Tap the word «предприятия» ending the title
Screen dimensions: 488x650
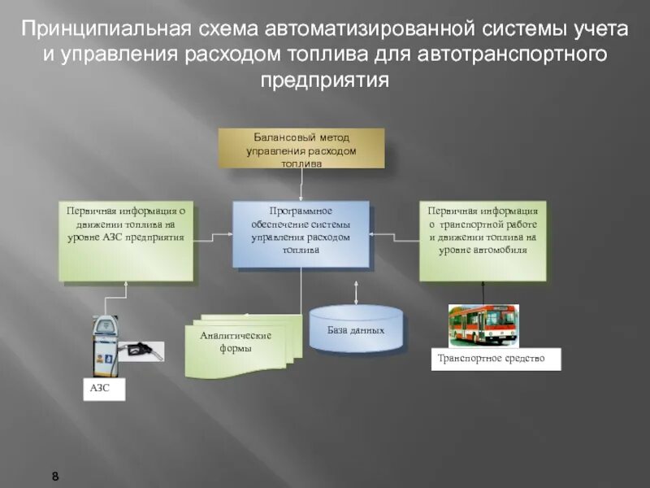click(325, 81)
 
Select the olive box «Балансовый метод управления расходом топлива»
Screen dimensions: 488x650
click(301, 148)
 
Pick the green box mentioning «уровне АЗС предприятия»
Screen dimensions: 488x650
click(126, 241)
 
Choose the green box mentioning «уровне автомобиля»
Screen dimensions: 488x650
click(483, 241)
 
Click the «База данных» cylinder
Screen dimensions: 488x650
click(356, 329)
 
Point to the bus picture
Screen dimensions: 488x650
click(483, 326)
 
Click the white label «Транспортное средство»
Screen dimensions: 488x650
click(496, 359)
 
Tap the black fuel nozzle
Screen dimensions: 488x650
click(140, 351)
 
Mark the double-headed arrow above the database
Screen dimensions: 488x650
click(356, 290)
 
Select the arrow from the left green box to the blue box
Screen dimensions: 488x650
click(213, 237)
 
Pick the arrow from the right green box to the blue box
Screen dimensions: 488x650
click(394, 237)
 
